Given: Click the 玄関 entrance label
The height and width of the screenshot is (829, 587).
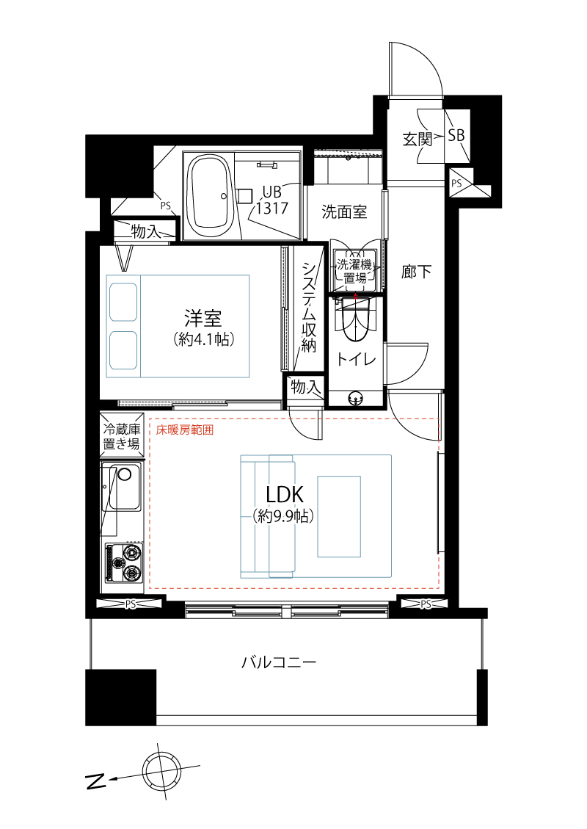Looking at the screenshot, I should (x=416, y=139).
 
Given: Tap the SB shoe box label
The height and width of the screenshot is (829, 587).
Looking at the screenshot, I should (x=456, y=135).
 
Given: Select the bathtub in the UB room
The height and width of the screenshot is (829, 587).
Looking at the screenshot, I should (x=211, y=195).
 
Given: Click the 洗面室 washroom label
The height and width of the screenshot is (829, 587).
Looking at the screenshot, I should (x=344, y=212).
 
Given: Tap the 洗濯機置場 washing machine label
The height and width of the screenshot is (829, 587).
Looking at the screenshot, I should (x=355, y=271).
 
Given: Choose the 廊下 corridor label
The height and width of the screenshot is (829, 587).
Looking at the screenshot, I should (x=416, y=272).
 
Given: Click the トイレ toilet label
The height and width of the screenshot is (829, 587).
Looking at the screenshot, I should (x=356, y=359).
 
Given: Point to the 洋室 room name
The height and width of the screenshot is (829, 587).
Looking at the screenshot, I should (x=203, y=319).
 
